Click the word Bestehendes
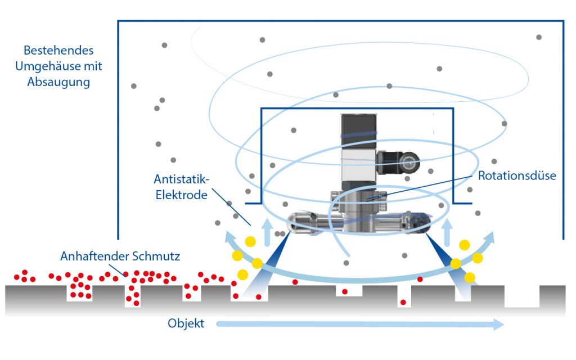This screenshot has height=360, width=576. point(55,51)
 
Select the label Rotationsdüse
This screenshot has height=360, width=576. point(517,175)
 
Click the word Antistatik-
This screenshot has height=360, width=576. point(182,179)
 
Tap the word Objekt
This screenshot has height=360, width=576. point(186,324)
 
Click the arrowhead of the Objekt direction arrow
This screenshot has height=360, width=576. point(497,324)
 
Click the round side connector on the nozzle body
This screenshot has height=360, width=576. point(406,163)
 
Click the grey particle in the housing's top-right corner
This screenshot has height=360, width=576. point(539,37)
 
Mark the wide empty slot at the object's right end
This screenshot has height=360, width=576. point(522,296)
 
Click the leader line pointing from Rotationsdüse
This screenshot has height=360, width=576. point(419,186)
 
